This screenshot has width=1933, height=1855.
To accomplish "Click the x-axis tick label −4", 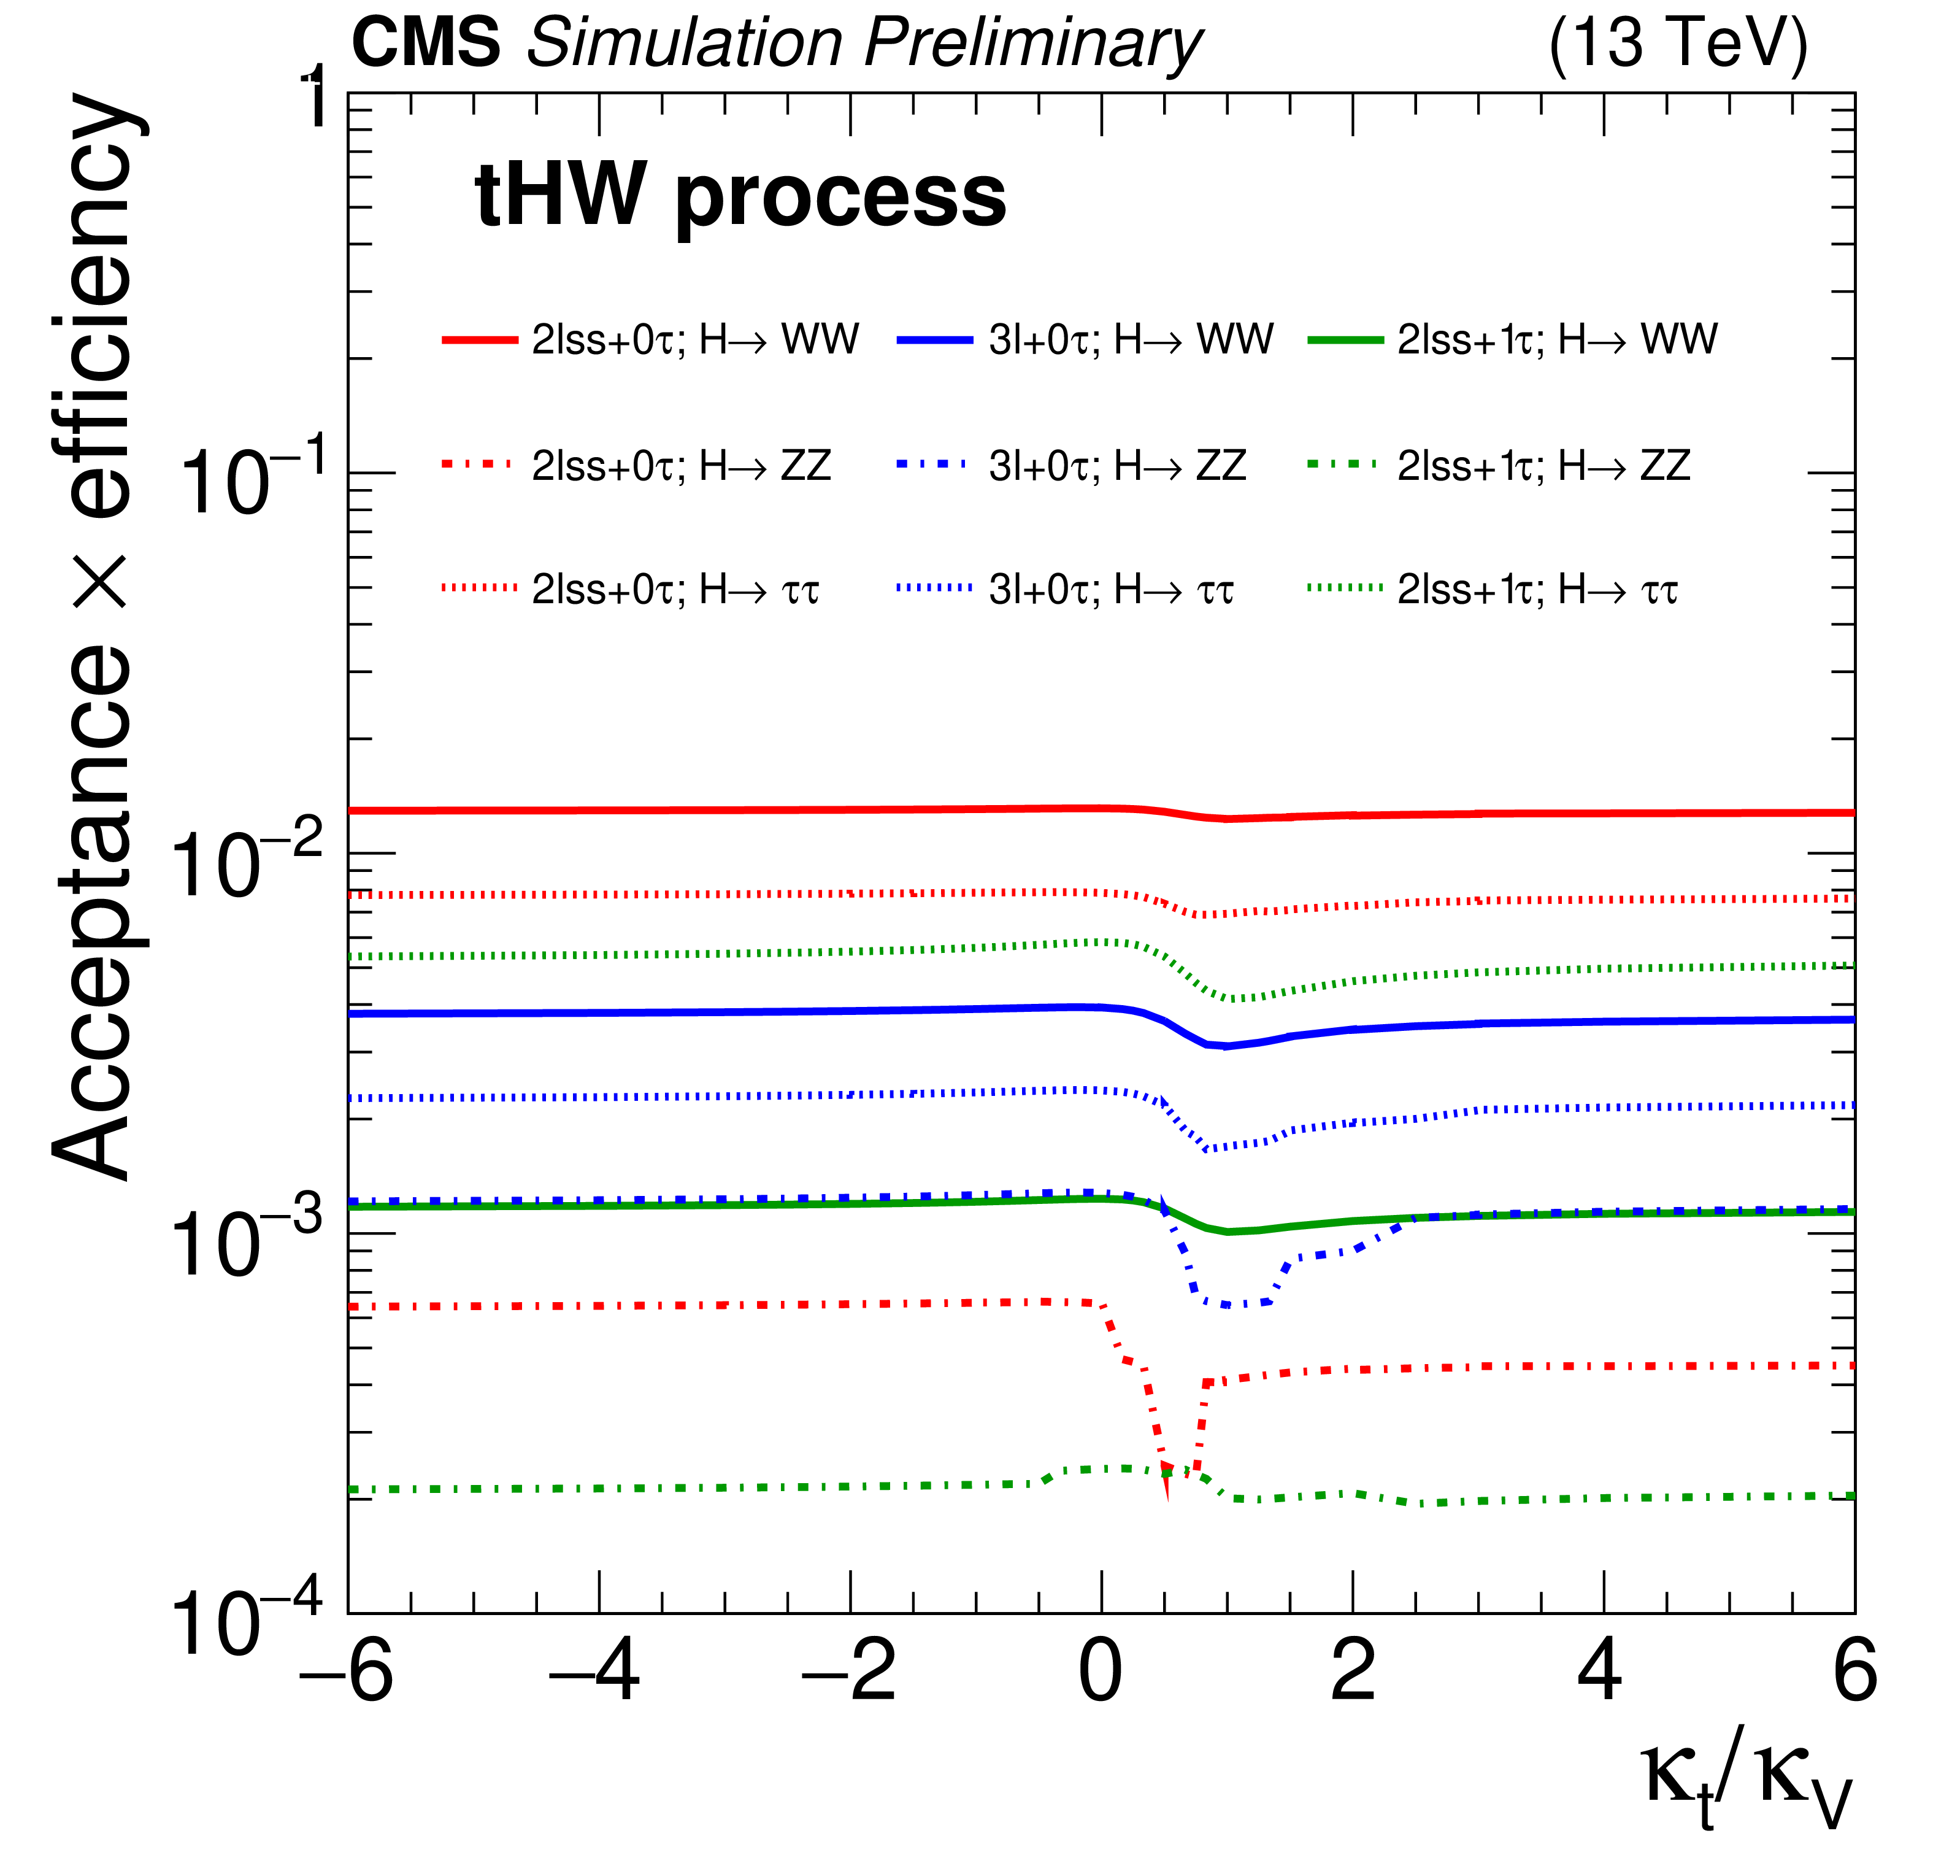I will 594,1673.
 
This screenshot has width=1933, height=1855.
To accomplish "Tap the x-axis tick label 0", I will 1101,1673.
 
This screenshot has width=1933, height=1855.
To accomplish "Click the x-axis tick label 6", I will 1854,1673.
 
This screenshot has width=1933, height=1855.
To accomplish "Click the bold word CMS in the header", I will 426,44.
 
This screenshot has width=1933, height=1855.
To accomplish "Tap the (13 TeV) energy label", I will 1678,44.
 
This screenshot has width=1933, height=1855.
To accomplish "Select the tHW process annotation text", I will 740,195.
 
